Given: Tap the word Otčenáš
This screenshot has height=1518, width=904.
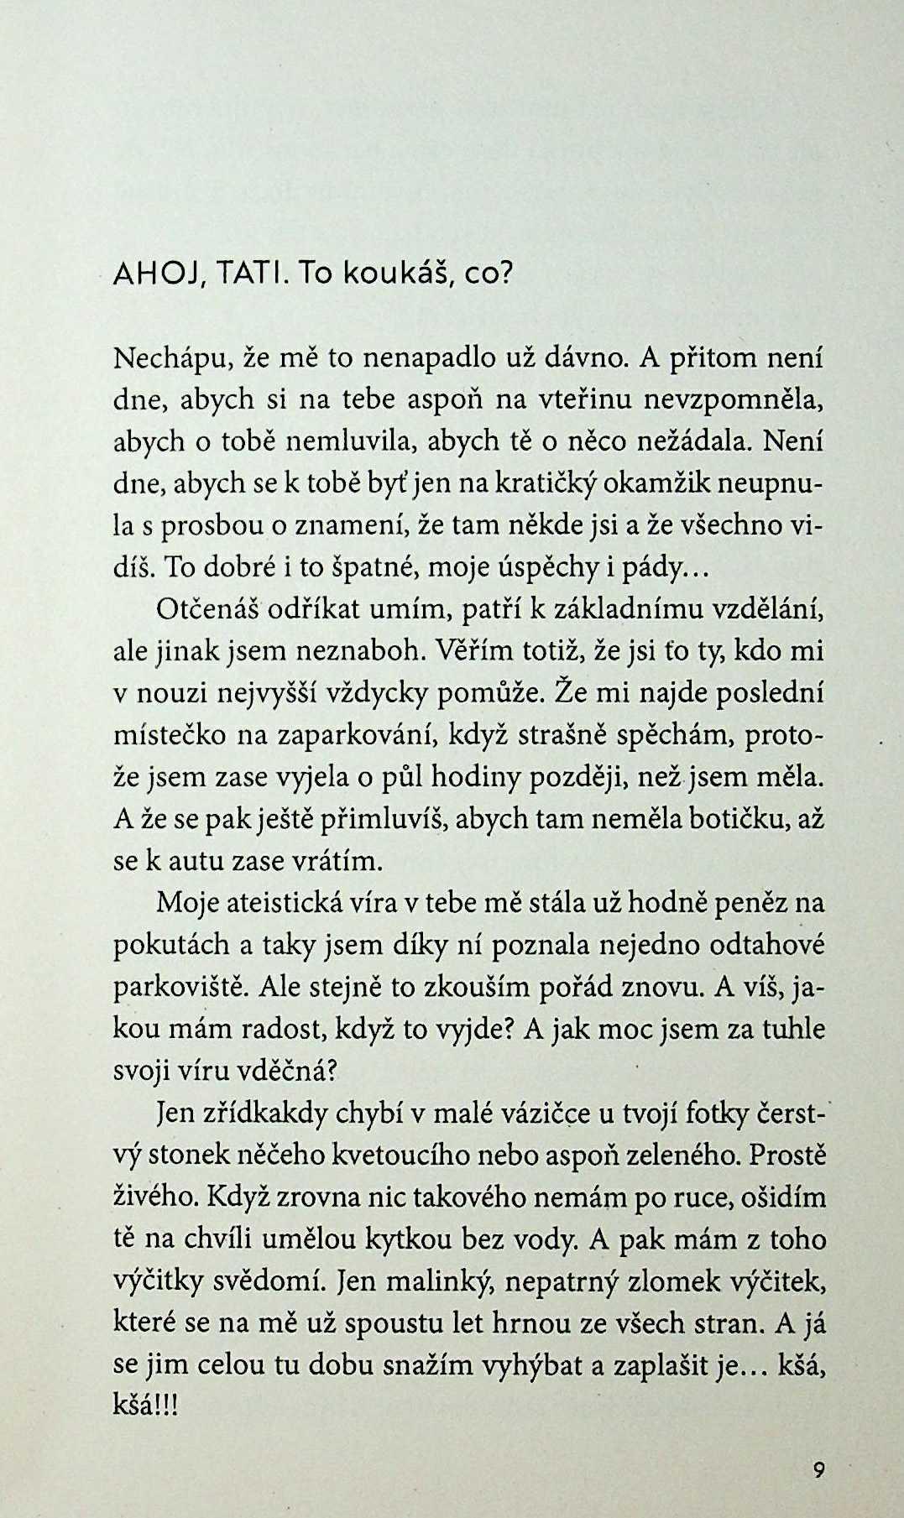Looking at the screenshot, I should pyautogui.click(x=206, y=610).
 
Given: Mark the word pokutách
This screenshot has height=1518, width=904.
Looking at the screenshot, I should pyautogui.click(x=170, y=946).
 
